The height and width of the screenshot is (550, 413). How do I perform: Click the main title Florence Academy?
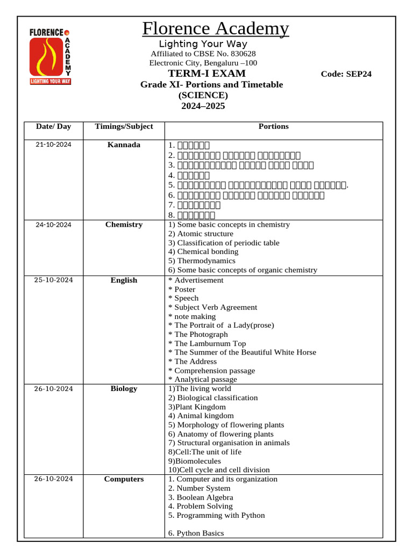click(215, 28)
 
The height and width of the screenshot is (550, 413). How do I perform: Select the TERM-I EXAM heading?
click(206, 74)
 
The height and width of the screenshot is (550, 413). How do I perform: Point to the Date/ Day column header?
click(53, 127)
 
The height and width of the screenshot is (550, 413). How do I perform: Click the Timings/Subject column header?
click(124, 127)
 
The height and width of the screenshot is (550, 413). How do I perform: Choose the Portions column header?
click(273, 127)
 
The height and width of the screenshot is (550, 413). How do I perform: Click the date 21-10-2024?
click(53, 145)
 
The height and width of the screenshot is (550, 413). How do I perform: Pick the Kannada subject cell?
click(124, 145)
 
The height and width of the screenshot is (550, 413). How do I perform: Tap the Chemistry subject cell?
click(124, 225)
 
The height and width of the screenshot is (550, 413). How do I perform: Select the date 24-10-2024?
click(53, 225)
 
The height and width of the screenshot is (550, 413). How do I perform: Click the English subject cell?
click(124, 280)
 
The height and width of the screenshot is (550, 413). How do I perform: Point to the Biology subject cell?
click(124, 389)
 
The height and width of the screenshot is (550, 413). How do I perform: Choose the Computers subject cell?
click(124, 479)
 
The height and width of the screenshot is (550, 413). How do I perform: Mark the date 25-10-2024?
click(53, 280)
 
